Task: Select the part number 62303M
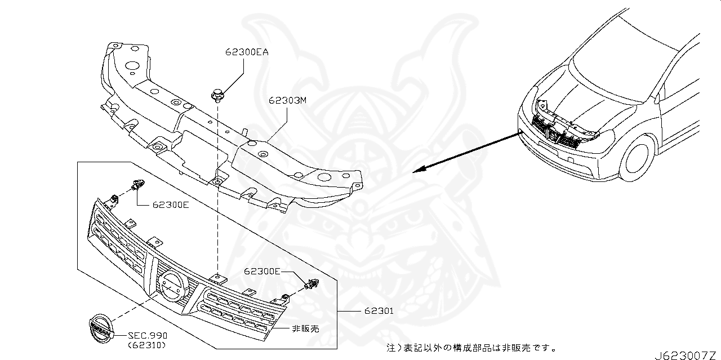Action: [x=287, y=101]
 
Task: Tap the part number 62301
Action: [x=379, y=310]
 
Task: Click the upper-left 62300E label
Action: [x=170, y=205]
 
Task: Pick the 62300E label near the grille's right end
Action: [x=262, y=271]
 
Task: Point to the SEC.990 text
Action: [x=148, y=335]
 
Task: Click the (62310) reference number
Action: [x=148, y=345]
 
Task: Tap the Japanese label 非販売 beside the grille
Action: [x=305, y=328]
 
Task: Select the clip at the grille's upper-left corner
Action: [x=138, y=184]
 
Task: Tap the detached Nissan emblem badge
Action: [x=100, y=327]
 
